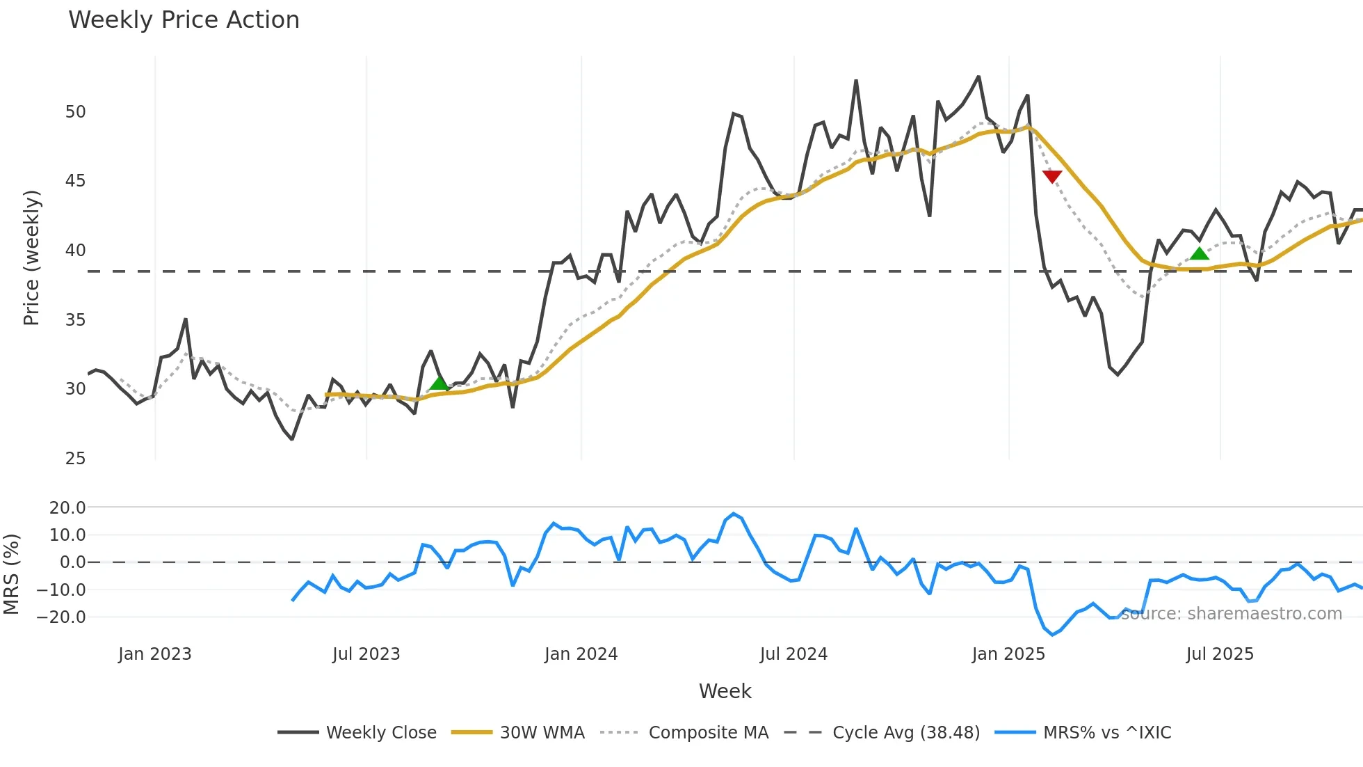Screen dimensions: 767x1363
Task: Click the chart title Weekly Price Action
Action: click(184, 20)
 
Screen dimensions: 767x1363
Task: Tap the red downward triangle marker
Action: click(1052, 176)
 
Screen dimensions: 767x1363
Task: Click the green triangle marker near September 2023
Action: click(439, 383)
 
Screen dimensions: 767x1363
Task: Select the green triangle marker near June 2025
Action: click(1200, 253)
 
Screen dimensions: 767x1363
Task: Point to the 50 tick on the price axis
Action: click(75, 112)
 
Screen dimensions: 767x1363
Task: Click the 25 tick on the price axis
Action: click(75, 459)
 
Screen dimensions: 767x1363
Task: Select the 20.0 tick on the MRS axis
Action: click(67, 508)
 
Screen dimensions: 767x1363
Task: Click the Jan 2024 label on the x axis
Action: click(581, 654)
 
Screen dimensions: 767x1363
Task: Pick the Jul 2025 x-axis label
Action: click(1220, 654)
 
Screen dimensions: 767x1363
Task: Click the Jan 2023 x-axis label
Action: click(154, 654)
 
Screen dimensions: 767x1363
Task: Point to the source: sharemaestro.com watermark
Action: click(1231, 614)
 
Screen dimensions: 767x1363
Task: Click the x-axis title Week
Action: click(725, 691)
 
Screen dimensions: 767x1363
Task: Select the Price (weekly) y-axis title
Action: click(31, 258)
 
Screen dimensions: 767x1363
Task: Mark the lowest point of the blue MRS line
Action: click(1052, 635)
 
